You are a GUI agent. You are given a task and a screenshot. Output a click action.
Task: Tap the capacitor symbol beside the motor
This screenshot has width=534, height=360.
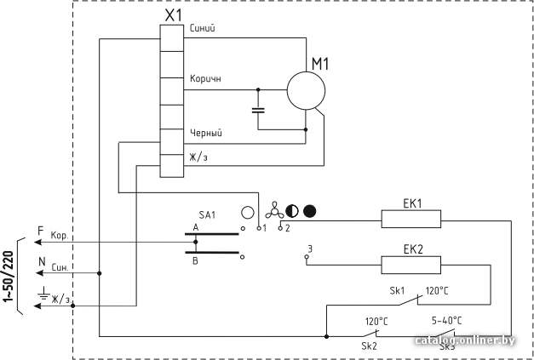[x=258, y=111]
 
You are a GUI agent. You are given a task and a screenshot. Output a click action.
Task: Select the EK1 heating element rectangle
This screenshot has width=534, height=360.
[x=411, y=219]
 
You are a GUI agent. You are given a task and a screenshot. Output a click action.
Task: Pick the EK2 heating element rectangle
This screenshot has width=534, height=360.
[x=411, y=265]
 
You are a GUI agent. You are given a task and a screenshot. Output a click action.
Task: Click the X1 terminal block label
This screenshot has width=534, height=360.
[x=174, y=15]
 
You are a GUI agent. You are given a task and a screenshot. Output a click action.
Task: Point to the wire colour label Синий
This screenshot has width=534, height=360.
[x=203, y=28]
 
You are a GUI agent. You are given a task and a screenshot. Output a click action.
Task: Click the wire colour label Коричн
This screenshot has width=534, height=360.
[x=205, y=78]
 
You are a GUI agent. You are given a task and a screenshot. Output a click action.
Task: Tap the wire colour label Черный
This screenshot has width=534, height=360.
[x=206, y=133]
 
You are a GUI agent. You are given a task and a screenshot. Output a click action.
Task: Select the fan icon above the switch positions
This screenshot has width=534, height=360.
[x=274, y=210]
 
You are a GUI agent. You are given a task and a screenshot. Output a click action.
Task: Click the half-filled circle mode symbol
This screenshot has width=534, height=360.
[x=292, y=211]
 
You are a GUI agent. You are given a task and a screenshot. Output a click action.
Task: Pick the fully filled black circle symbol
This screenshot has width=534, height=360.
[x=309, y=211]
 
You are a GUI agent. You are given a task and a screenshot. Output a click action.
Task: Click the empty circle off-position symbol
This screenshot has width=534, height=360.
[x=248, y=212]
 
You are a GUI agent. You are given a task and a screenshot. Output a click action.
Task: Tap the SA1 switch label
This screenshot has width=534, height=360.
[x=207, y=215]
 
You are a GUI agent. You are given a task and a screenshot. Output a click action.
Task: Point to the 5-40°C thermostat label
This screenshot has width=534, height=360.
[x=447, y=321]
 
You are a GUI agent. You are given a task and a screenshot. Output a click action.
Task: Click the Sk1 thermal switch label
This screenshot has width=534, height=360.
[x=397, y=291]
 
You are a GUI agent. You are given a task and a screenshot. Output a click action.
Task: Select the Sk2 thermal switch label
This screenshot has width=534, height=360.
[x=369, y=346]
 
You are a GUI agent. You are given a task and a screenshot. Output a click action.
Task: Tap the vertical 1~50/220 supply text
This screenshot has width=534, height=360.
[x=9, y=277]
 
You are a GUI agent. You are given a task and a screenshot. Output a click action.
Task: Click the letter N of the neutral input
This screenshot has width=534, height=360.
[x=42, y=261]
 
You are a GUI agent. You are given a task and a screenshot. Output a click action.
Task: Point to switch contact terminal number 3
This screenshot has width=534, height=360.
[x=309, y=249]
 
